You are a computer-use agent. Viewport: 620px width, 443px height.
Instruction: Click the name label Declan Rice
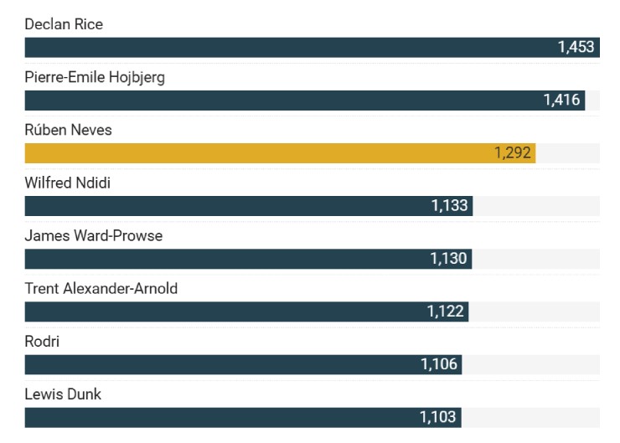[x=64, y=24]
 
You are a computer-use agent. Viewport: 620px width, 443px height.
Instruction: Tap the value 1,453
[x=576, y=47]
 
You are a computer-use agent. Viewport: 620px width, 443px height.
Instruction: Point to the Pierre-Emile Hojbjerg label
[x=95, y=78]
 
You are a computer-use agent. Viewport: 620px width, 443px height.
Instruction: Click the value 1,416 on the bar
[x=561, y=100]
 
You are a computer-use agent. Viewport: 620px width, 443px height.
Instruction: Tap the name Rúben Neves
[x=68, y=131]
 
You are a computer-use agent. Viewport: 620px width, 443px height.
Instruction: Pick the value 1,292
[x=512, y=153]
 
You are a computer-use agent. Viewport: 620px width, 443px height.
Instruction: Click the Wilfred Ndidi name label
[x=67, y=183]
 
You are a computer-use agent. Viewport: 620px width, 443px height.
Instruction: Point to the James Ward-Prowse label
[x=94, y=236]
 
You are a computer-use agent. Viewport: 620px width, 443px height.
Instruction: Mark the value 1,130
[x=448, y=259]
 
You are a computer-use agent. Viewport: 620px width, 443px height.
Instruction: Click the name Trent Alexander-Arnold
[x=101, y=289]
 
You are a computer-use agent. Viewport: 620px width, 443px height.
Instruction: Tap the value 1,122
[x=445, y=312]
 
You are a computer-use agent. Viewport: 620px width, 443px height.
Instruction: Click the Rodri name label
[x=42, y=342]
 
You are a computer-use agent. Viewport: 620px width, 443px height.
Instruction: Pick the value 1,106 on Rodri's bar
[x=439, y=364]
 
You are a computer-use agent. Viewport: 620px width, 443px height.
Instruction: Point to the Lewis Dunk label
[x=63, y=394]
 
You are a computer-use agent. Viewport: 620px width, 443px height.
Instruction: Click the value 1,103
[x=438, y=417]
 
